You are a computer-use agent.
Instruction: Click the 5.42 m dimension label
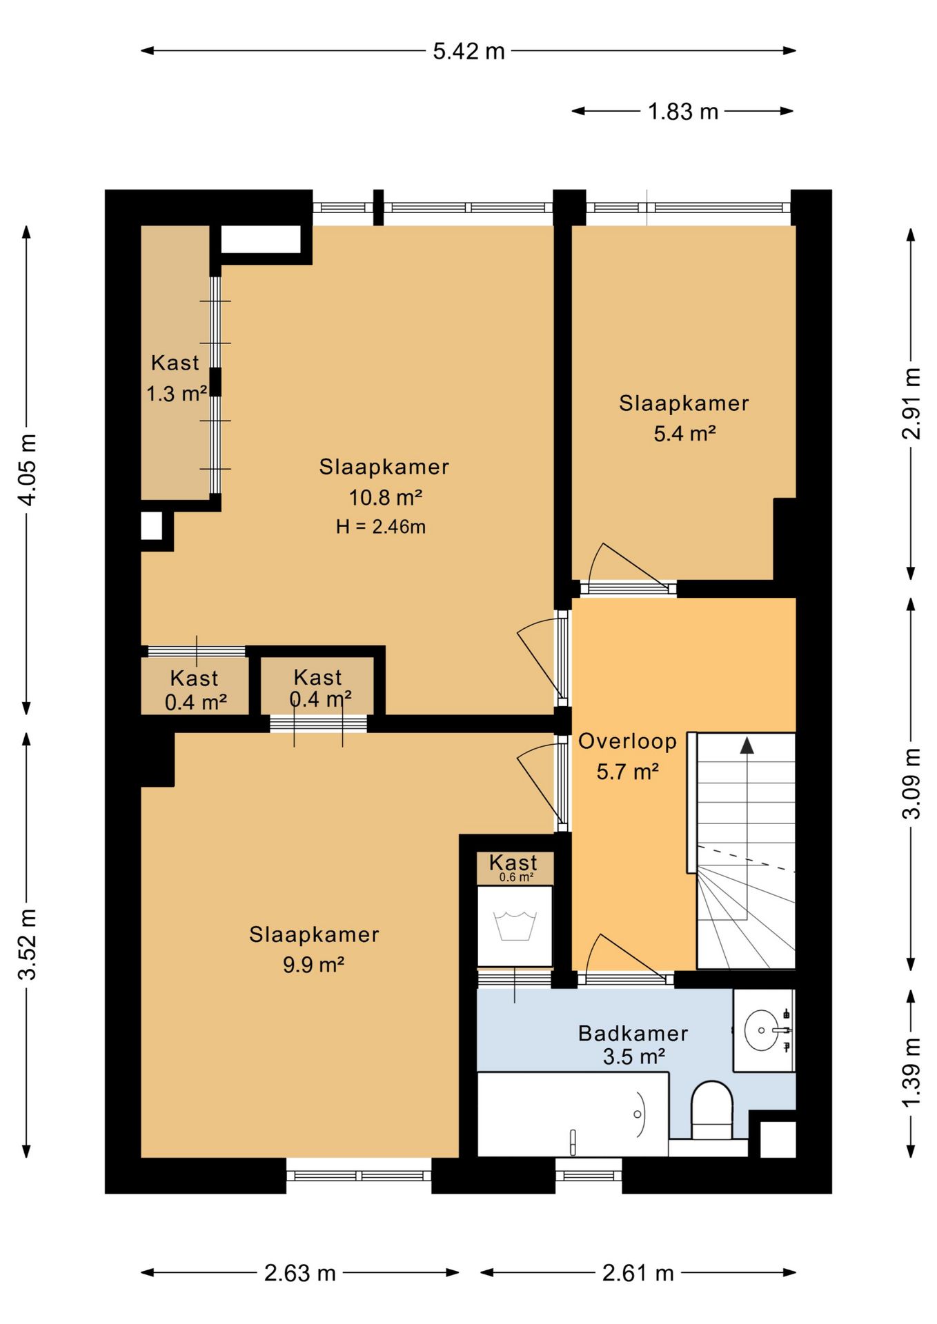(x=468, y=51)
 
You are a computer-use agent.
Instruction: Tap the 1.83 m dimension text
(x=683, y=111)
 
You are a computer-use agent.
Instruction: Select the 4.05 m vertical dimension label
(x=27, y=470)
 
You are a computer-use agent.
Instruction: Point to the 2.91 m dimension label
(x=911, y=403)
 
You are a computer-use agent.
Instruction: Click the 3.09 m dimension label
(x=911, y=783)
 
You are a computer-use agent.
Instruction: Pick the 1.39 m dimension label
(x=911, y=1072)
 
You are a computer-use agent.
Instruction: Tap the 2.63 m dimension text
(x=300, y=1272)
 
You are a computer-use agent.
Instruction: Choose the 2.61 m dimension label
(x=638, y=1272)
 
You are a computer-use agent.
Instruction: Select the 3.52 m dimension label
(x=27, y=944)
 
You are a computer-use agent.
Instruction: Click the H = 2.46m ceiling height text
(x=381, y=527)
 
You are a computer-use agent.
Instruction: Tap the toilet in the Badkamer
(x=711, y=1110)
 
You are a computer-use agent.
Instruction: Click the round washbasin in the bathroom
(x=762, y=1030)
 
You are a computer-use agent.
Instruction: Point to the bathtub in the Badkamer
(x=573, y=1114)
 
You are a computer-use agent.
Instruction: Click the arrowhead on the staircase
(x=747, y=745)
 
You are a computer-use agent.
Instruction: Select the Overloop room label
(x=627, y=741)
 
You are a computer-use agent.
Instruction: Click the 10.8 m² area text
(x=385, y=497)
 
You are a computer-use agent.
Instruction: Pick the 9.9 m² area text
(x=314, y=965)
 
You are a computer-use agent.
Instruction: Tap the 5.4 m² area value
(x=684, y=434)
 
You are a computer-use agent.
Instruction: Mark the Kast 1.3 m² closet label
(x=177, y=378)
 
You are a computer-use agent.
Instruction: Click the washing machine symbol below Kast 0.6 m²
(x=515, y=926)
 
